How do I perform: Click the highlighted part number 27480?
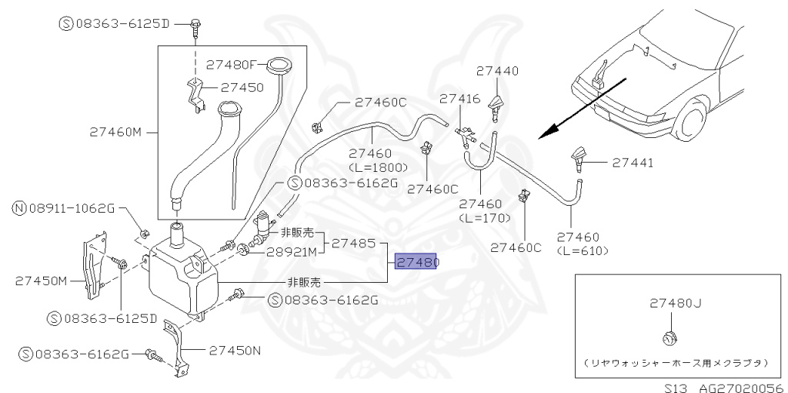tap(416, 263)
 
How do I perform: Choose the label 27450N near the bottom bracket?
tap(235, 351)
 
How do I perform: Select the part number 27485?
tap(353, 244)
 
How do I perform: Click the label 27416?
tap(460, 99)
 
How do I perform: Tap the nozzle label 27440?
tap(497, 70)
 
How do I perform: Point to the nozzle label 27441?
tap(633, 163)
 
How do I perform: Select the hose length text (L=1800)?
tap(374, 166)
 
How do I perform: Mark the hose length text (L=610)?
tap(583, 250)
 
